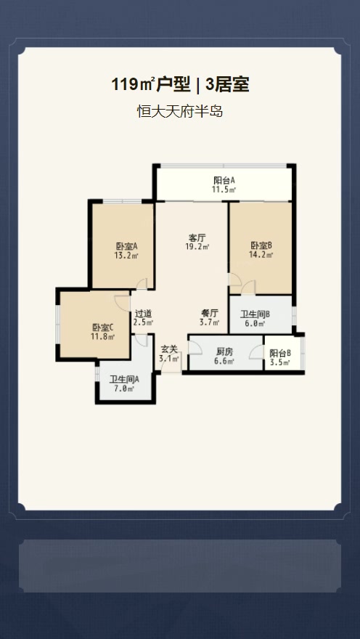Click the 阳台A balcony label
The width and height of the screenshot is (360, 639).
tap(224, 180)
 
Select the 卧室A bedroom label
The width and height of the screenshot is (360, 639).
tap(126, 246)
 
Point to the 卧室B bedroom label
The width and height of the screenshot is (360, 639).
tap(261, 245)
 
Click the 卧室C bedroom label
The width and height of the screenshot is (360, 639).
tap(102, 327)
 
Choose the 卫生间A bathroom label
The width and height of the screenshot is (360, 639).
tap(125, 379)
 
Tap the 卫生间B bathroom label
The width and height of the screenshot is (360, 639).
tap(255, 314)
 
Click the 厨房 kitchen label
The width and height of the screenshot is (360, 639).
tap(224, 352)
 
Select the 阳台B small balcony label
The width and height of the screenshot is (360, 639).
tap(280, 354)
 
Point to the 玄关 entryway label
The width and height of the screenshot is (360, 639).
tap(169, 349)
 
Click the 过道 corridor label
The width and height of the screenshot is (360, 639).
tap(144, 314)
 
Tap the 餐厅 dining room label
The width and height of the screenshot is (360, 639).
tap(210, 314)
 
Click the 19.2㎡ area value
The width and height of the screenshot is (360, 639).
tap(197, 246)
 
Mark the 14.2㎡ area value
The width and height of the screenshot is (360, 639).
tap(261, 255)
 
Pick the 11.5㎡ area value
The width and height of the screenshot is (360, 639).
tap(224, 189)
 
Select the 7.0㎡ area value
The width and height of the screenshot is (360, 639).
tap(125, 388)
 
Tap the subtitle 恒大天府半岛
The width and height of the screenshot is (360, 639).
tap(179, 111)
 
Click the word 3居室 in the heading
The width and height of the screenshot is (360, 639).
tap(227, 85)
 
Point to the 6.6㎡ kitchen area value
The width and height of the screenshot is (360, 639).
tap(224, 361)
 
